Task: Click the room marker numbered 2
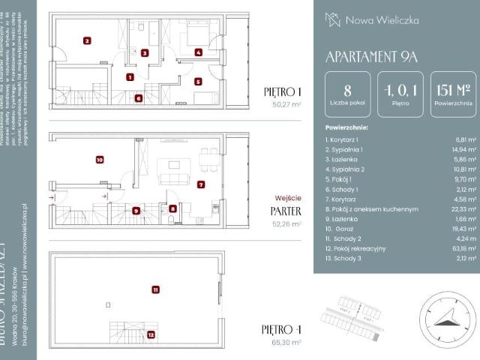[87, 41]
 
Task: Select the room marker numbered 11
[154, 289]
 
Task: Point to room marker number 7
[200, 184]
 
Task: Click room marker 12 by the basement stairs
[151, 335]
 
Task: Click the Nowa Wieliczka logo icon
[332, 19]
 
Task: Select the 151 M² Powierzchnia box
[452, 94]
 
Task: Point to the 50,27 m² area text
[286, 106]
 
